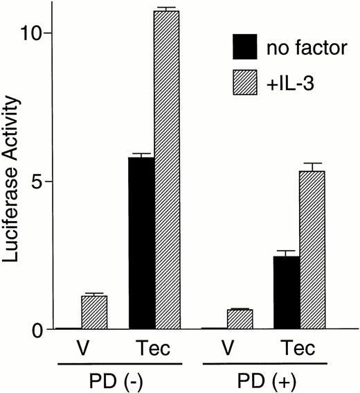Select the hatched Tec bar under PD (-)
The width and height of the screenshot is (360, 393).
167,170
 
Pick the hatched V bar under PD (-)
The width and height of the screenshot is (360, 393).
94,313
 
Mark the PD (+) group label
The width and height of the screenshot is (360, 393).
264,378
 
